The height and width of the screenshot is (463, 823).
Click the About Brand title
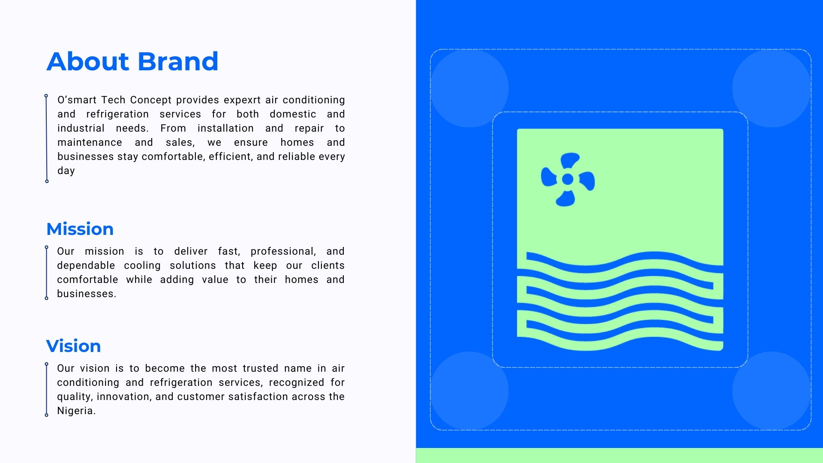(132, 61)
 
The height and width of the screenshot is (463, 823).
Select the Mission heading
(80, 229)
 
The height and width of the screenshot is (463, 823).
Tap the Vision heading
(73, 346)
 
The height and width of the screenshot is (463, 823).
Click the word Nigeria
(76, 411)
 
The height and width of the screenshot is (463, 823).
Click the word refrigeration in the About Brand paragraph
(117, 114)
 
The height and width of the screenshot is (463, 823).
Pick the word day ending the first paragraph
(66, 171)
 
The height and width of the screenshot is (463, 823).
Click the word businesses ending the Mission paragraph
(87, 294)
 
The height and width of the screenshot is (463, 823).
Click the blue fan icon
(568, 179)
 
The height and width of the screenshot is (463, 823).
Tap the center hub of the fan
(568, 179)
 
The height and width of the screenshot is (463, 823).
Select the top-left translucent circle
(469, 88)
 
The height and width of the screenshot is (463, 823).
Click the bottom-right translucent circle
(772, 391)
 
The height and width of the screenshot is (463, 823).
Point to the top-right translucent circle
(772, 88)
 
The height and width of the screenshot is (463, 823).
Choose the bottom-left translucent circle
(469, 391)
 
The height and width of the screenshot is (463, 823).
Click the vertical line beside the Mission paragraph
(47, 273)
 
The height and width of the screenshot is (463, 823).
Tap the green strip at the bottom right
(619, 455)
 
